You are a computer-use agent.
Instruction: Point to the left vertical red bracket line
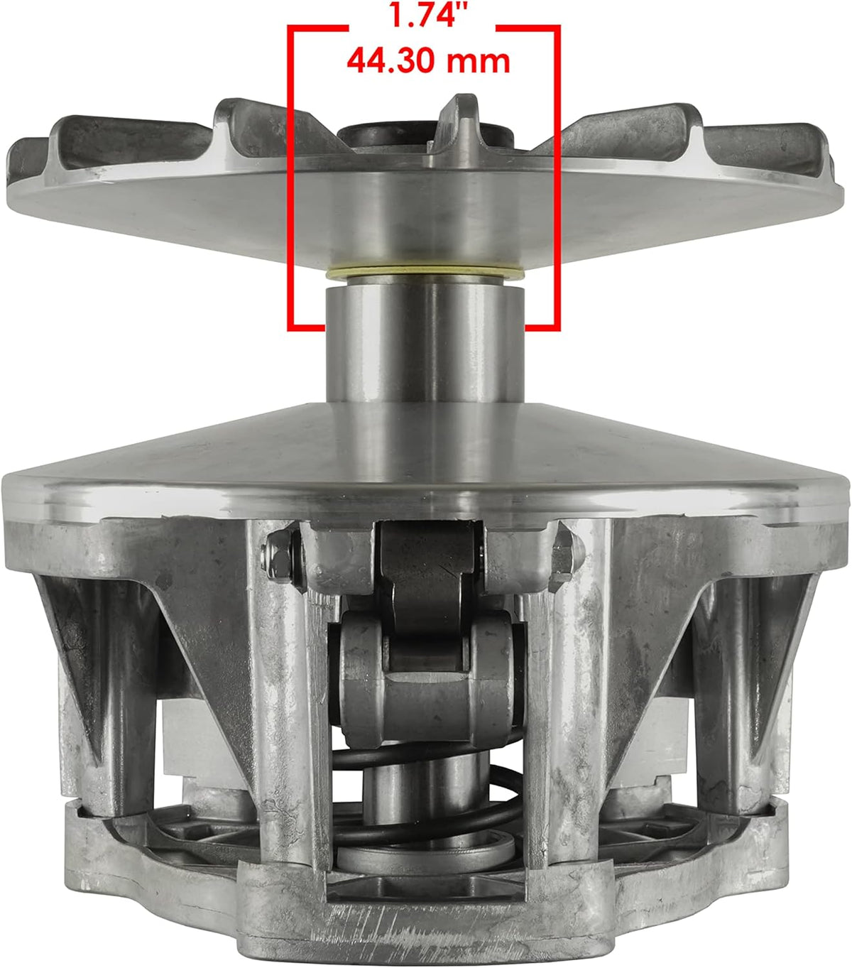point(290,178)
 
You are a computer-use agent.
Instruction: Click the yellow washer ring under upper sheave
point(425,273)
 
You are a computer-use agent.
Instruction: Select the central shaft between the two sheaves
point(425,344)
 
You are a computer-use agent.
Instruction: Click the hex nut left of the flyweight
point(279,557)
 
